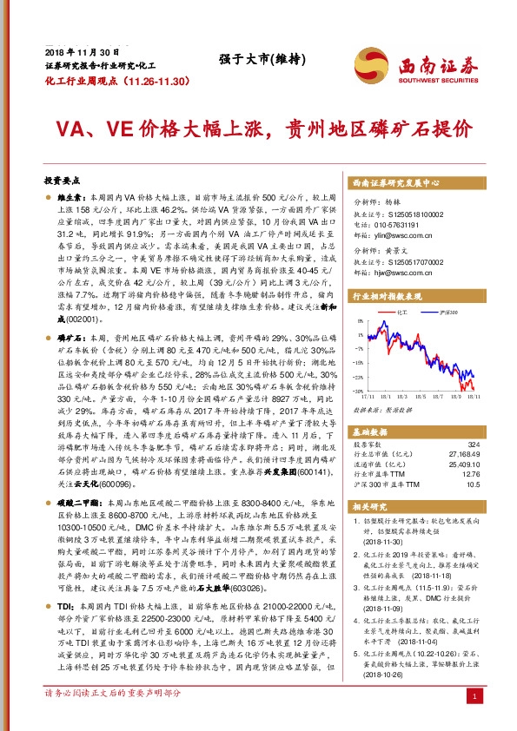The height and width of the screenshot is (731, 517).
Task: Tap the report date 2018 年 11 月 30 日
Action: coord(83,53)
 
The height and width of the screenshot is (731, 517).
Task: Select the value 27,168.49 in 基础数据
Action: coord(461,452)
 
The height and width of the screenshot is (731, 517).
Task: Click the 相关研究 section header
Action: coord(368,506)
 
